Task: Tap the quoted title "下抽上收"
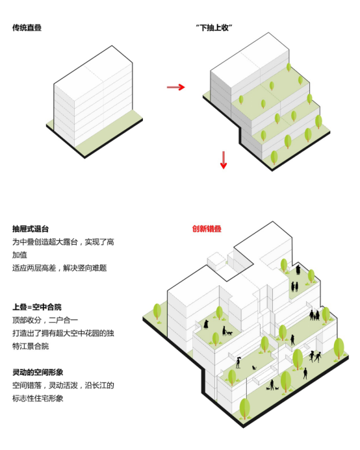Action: pyautogui.click(x=214, y=28)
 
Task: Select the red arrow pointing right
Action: pyautogui.click(x=175, y=86)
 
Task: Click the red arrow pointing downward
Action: pyautogui.click(x=224, y=160)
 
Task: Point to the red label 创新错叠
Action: pyautogui.click(x=206, y=229)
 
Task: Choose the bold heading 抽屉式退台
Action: pyautogui.click(x=31, y=229)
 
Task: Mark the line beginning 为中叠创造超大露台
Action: pyautogui.click(x=64, y=242)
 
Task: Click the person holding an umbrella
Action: pyautogui.click(x=238, y=361)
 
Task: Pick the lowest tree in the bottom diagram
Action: pyautogui.click(x=246, y=408)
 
